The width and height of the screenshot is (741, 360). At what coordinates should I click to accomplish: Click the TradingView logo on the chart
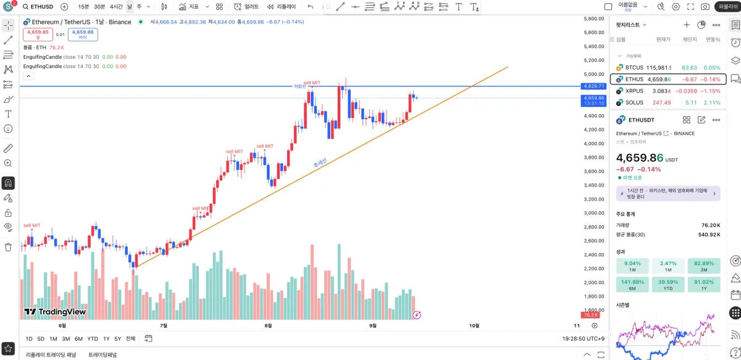(x=55, y=312)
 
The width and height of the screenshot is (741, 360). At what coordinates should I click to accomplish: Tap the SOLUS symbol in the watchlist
(x=634, y=103)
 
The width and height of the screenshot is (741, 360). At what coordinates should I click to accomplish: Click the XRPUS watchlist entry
(x=634, y=91)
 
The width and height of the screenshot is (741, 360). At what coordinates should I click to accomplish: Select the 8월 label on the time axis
(x=267, y=325)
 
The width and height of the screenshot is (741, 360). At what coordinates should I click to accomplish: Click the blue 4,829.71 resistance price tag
(x=593, y=86)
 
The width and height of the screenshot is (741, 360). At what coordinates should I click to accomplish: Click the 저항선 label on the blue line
(x=299, y=86)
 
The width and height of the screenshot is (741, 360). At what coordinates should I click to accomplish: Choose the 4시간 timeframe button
(x=116, y=7)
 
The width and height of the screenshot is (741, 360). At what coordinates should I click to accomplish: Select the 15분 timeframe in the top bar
(x=84, y=7)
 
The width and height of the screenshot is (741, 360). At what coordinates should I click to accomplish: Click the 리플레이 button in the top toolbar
(x=282, y=7)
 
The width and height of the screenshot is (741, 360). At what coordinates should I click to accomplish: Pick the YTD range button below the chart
(x=93, y=338)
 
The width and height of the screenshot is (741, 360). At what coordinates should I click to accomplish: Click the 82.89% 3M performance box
(x=704, y=266)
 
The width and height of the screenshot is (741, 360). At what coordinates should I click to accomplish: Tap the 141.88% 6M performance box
(x=632, y=285)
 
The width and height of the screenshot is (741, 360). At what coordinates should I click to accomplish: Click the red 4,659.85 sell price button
(x=38, y=34)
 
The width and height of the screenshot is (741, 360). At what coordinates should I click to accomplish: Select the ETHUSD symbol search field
(x=41, y=7)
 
